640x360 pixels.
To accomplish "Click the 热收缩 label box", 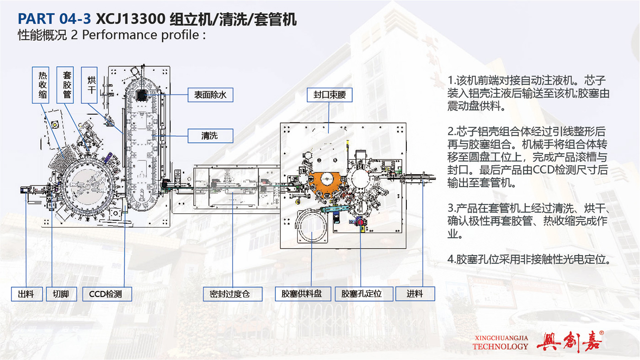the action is coord(41,85).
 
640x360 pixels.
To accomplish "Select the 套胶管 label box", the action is coord(65,85).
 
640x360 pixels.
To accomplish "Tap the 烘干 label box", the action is coord(90,85).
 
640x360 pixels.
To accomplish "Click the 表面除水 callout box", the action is coord(210,95).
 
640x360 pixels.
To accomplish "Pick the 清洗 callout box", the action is coord(210,136).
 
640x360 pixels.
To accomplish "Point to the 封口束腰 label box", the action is coord(330,95).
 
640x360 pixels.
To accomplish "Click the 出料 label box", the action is coord(27,294).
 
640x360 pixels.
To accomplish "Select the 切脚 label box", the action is coord(61,294).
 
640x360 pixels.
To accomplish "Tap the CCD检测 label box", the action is coord(107,294).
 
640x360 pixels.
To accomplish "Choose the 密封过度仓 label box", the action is coord(233,294).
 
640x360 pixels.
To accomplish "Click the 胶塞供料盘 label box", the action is coord(303,294).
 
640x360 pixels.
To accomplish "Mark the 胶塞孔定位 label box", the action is coord(364,294).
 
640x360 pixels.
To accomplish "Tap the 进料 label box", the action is coord(415,294).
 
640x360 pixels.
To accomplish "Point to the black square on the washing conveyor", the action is coord(142,95).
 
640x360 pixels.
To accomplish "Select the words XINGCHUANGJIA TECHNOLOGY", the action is coord(500,343).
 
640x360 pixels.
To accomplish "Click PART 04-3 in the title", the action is coord(54,19).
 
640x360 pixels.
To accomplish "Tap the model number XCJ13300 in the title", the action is coord(131,19).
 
